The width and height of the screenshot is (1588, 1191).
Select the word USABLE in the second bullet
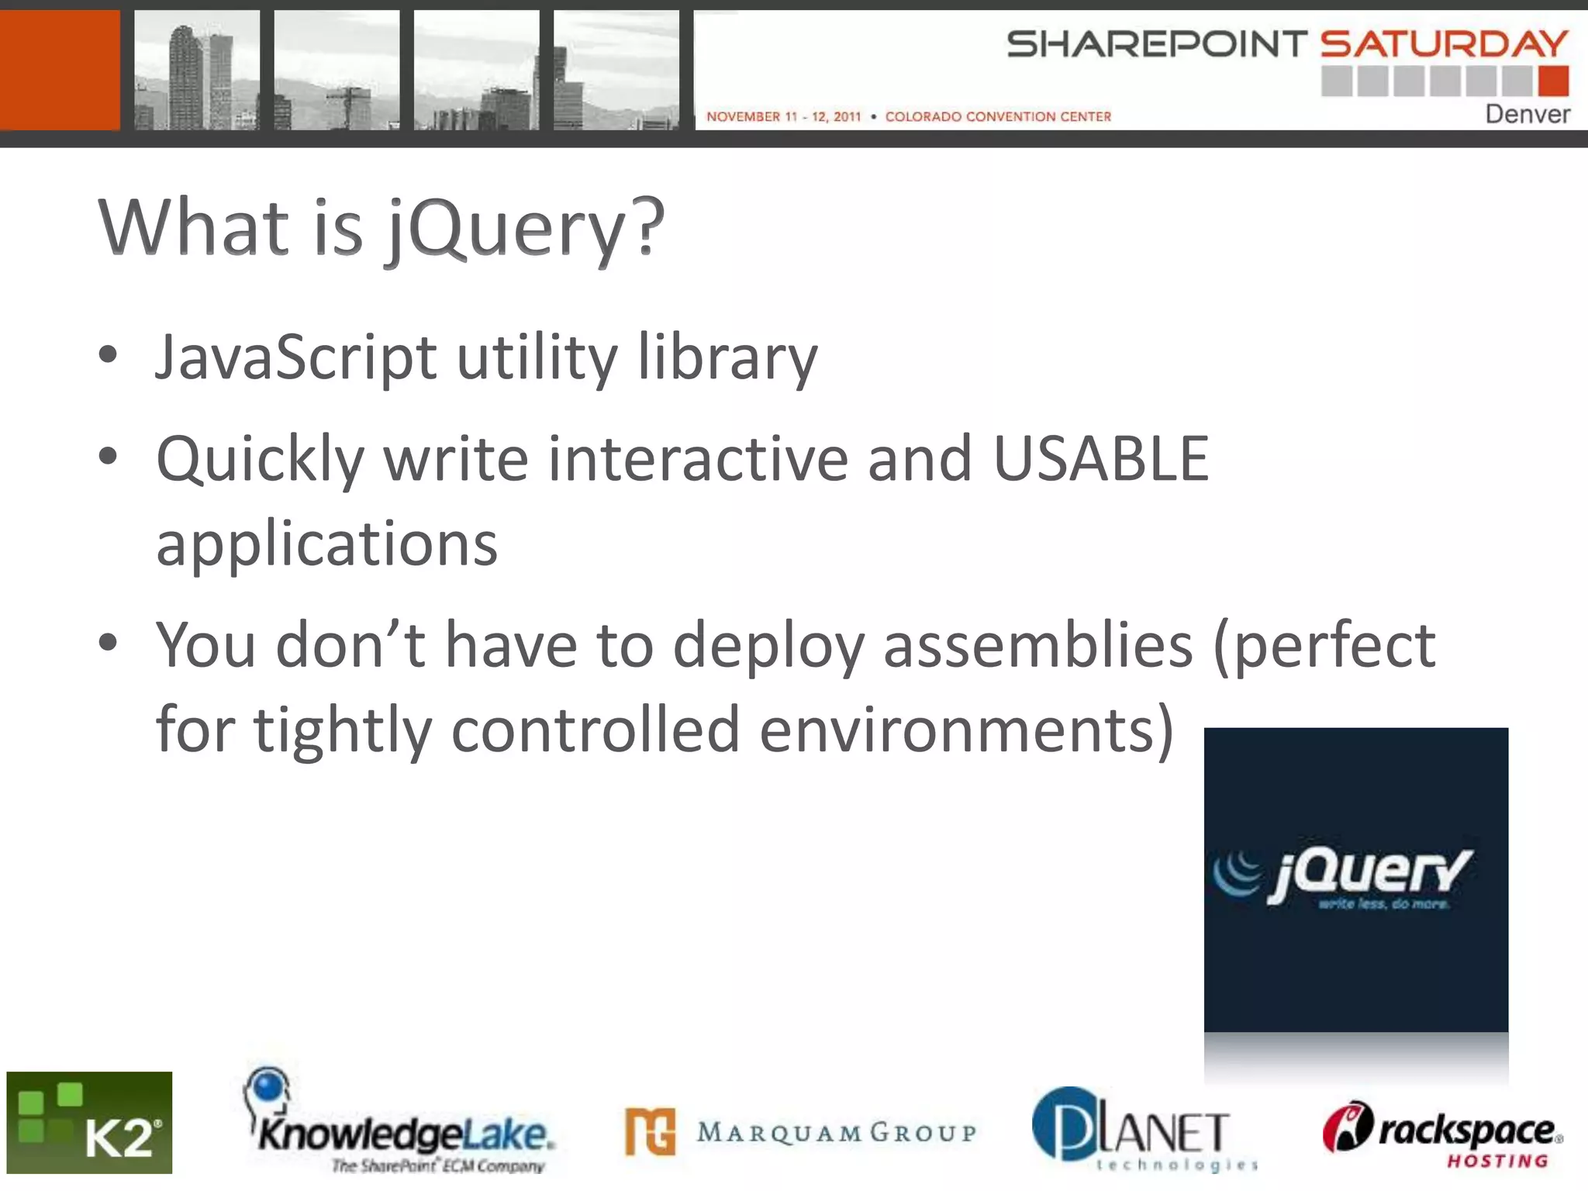click(1100, 459)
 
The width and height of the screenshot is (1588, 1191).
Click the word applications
click(326, 544)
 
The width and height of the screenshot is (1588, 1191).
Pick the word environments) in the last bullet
click(966, 730)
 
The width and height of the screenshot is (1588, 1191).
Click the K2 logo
click(89, 1122)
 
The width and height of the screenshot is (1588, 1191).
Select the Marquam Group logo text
click(836, 1133)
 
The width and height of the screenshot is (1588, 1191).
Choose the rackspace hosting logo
click(1442, 1134)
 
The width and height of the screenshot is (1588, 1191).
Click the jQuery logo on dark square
click(1355, 879)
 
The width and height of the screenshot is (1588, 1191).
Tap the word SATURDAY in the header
click(1444, 44)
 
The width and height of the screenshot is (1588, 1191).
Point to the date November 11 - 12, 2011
click(783, 117)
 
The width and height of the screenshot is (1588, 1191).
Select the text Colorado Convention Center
click(998, 117)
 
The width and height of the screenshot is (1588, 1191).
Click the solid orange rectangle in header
click(60, 70)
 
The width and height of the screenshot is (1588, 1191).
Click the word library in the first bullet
click(727, 358)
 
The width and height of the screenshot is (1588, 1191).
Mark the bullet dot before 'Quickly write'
click(108, 457)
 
